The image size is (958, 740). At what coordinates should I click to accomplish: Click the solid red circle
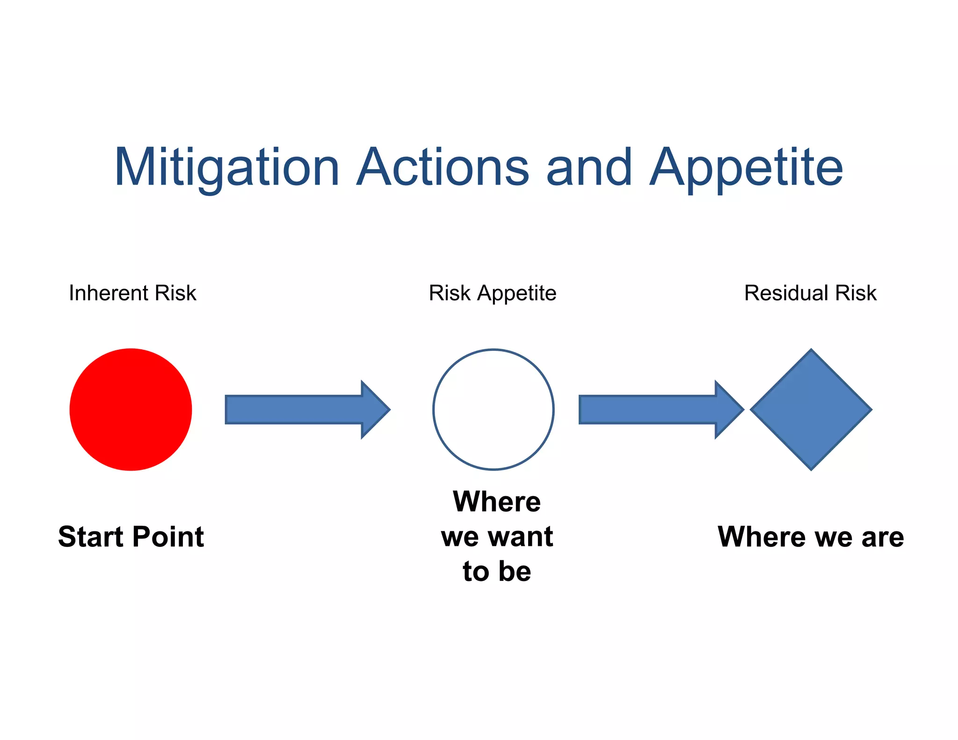[131, 409]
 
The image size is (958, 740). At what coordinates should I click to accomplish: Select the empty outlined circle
[494, 409]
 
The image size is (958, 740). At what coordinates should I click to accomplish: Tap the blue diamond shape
[811, 409]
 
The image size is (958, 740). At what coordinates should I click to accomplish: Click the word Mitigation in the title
[226, 167]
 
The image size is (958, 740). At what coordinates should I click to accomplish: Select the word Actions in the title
[442, 167]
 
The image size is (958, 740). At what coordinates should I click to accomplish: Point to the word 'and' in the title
[589, 167]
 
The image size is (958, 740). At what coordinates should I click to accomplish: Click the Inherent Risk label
[132, 293]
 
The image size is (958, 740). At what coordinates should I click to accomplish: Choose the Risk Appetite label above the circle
[493, 293]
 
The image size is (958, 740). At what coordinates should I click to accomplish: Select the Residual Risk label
[810, 293]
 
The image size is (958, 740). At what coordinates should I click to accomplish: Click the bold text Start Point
[131, 537]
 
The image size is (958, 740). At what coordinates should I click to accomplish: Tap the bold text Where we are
[811, 537]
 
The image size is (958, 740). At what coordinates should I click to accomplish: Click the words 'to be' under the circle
[497, 571]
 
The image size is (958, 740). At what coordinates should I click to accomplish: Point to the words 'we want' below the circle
[497, 537]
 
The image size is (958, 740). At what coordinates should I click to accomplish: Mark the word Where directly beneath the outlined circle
[497, 502]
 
